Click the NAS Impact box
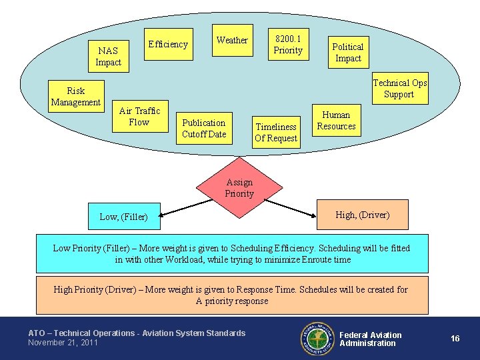[x=108, y=57]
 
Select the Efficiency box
[x=168, y=45]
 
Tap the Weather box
[x=232, y=41]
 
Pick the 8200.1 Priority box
[x=288, y=45]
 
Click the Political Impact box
[x=347, y=53]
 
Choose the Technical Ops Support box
[x=399, y=89]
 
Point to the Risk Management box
[x=76, y=97]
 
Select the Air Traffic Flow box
[x=139, y=117]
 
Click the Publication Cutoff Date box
[x=204, y=128]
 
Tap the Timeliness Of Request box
[x=276, y=132]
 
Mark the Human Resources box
[x=336, y=121]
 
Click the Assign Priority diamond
[x=239, y=189]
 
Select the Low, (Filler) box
[x=125, y=216]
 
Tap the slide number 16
[x=455, y=339]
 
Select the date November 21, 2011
[x=63, y=343]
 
